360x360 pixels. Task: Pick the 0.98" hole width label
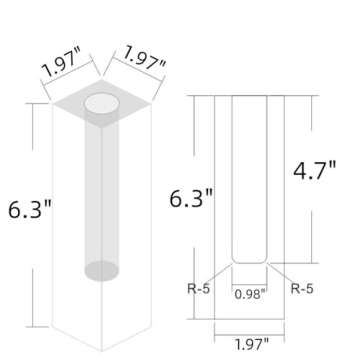point(250,293)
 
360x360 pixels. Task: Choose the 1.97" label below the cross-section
point(250,343)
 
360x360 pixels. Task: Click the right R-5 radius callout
point(302,287)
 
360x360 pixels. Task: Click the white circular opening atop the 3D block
point(101,103)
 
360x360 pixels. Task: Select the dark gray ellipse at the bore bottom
point(101,269)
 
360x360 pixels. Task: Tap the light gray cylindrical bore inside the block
point(101,190)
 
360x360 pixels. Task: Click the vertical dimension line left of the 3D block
point(37,150)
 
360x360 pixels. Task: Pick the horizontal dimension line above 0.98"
point(250,280)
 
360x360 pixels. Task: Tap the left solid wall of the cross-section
point(224,200)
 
